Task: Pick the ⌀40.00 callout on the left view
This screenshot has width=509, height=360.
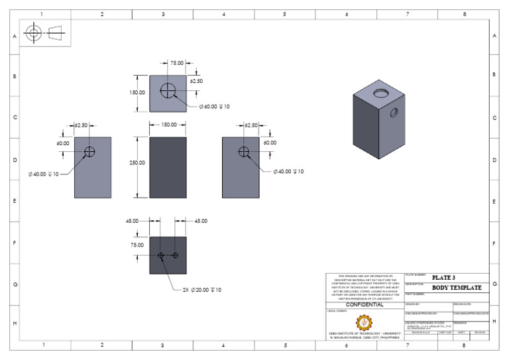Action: tap(44, 174)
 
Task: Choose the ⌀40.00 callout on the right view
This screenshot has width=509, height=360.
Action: tap(288, 172)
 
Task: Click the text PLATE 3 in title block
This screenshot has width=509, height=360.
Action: tap(443, 277)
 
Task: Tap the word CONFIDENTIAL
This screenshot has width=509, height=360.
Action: tap(365, 304)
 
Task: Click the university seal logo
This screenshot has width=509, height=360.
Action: tap(365, 322)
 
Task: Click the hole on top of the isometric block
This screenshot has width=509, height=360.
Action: tap(383, 91)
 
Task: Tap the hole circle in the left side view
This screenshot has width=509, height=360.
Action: tap(89, 152)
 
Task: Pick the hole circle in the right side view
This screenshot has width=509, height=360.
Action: tap(244, 152)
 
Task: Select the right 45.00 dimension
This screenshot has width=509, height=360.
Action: tap(201, 221)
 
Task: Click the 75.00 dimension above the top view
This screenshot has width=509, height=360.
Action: tap(177, 63)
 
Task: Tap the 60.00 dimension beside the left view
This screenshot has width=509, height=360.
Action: tap(63, 143)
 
